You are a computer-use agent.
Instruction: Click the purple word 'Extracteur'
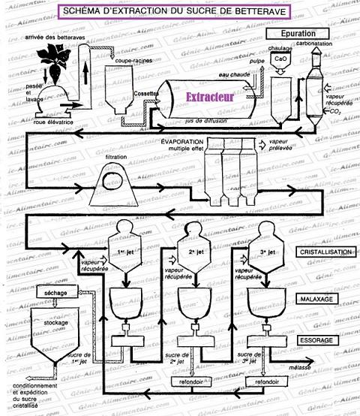click(x=211, y=98)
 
